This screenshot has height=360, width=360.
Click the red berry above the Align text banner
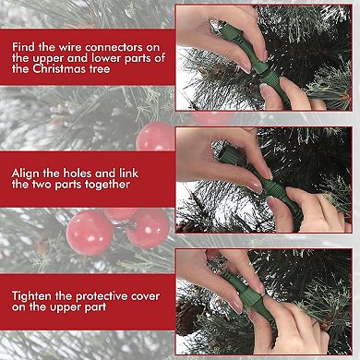[x=155, y=136]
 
